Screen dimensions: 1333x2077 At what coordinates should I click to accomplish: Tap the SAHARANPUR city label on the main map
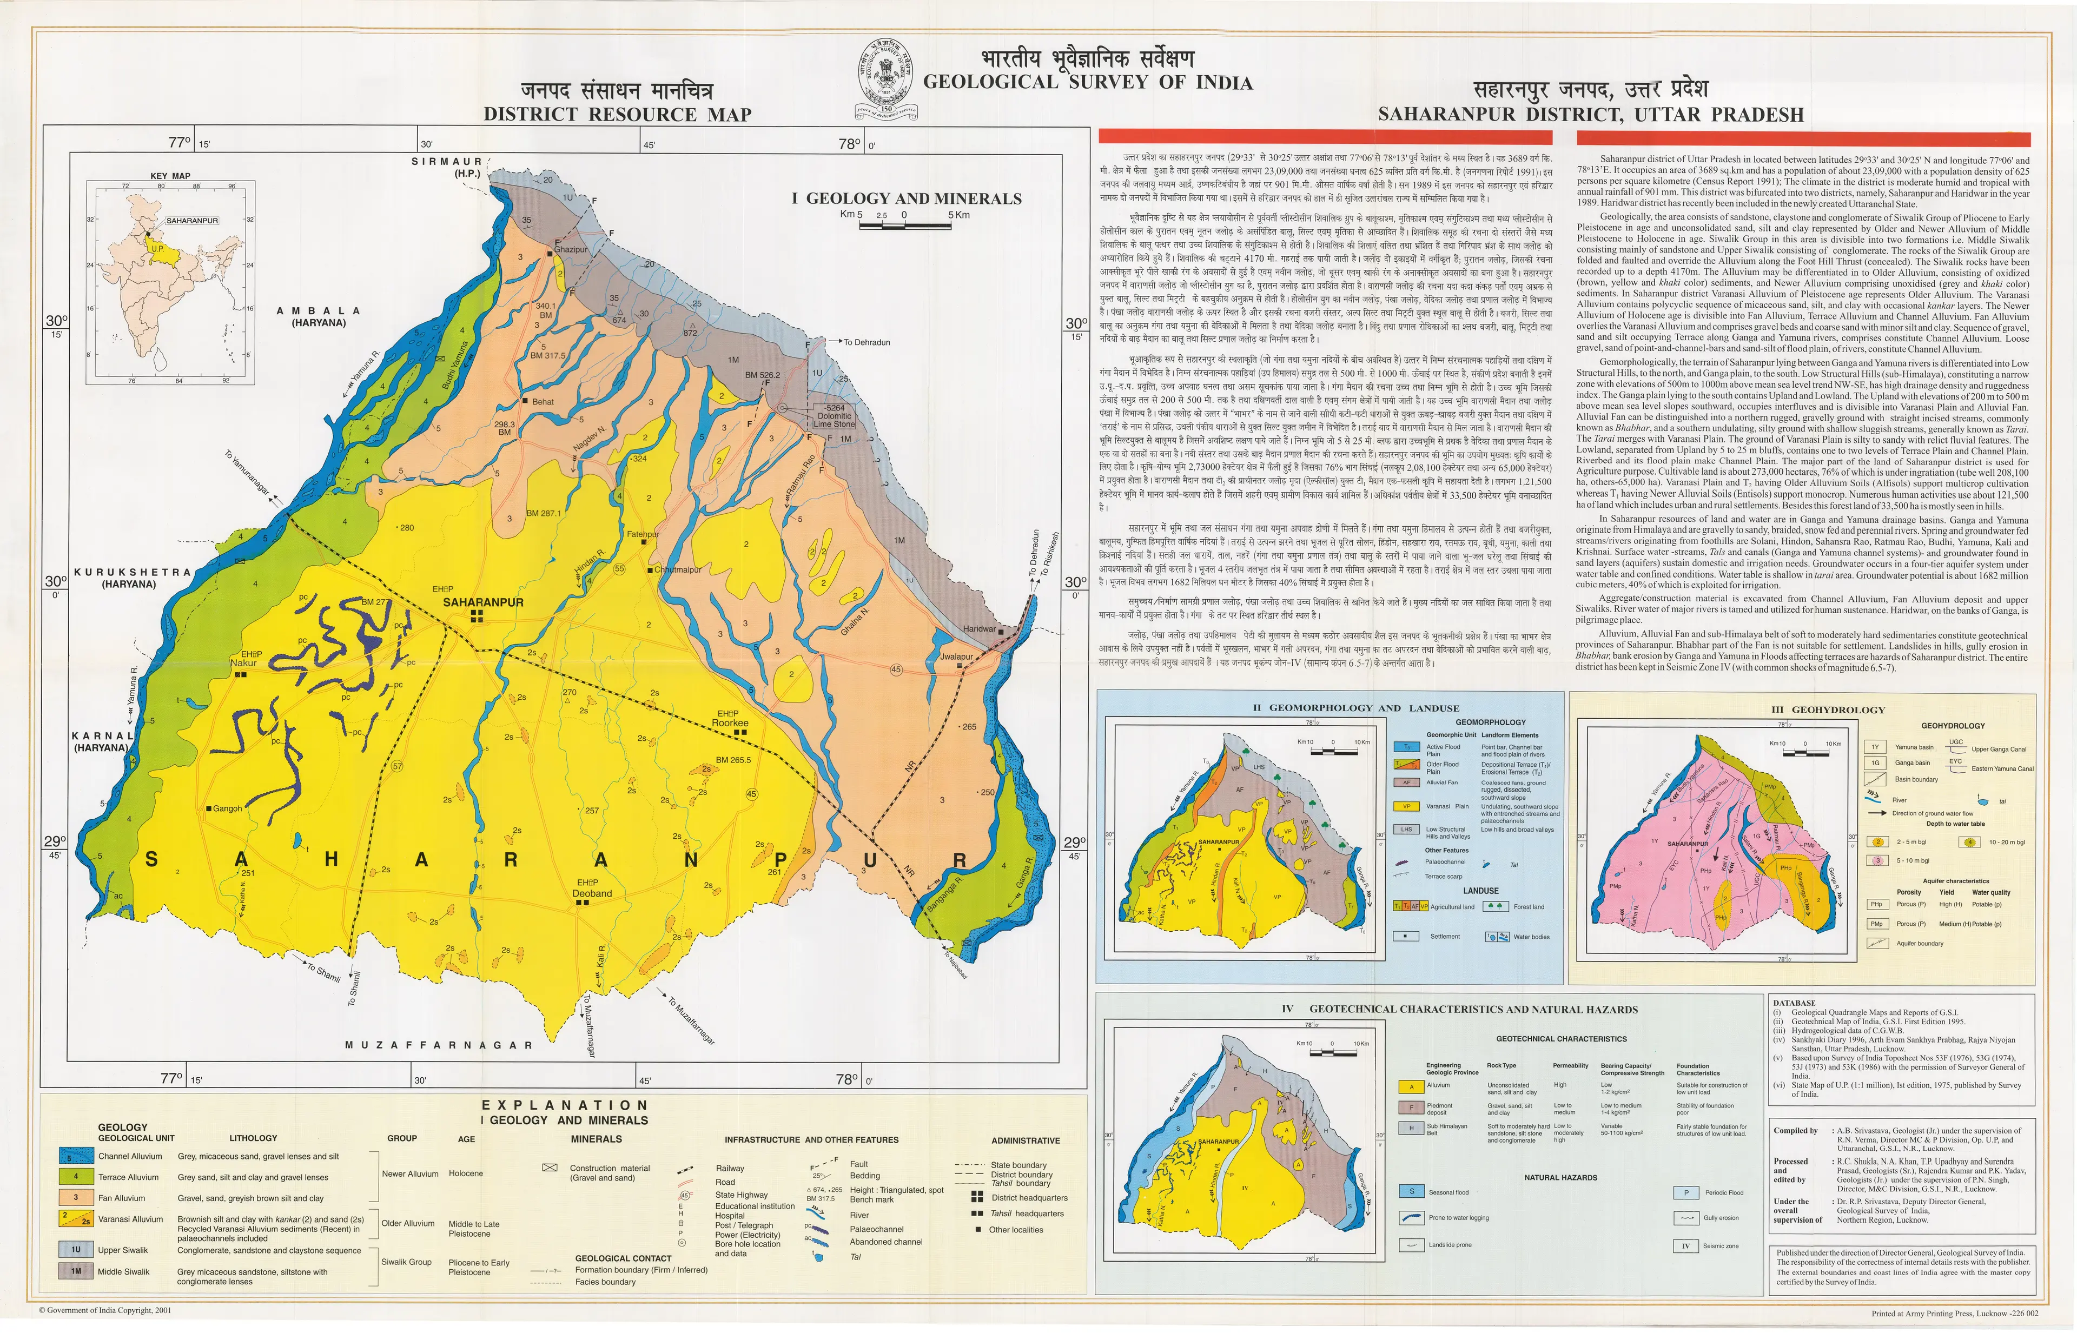[x=482, y=602]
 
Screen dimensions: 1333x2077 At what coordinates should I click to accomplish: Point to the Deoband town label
[x=592, y=893]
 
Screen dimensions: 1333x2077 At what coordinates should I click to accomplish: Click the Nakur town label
[x=244, y=663]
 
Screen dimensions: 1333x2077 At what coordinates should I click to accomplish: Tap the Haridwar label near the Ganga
[x=979, y=629]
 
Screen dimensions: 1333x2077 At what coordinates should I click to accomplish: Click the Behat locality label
[x=543, y=402]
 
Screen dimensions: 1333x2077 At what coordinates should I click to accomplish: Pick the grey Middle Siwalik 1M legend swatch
[x=76, y=1271]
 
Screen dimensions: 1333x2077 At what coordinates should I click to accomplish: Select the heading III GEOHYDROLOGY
[x=1826, y=710]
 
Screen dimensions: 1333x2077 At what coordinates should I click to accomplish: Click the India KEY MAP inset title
[x=170, y=176]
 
